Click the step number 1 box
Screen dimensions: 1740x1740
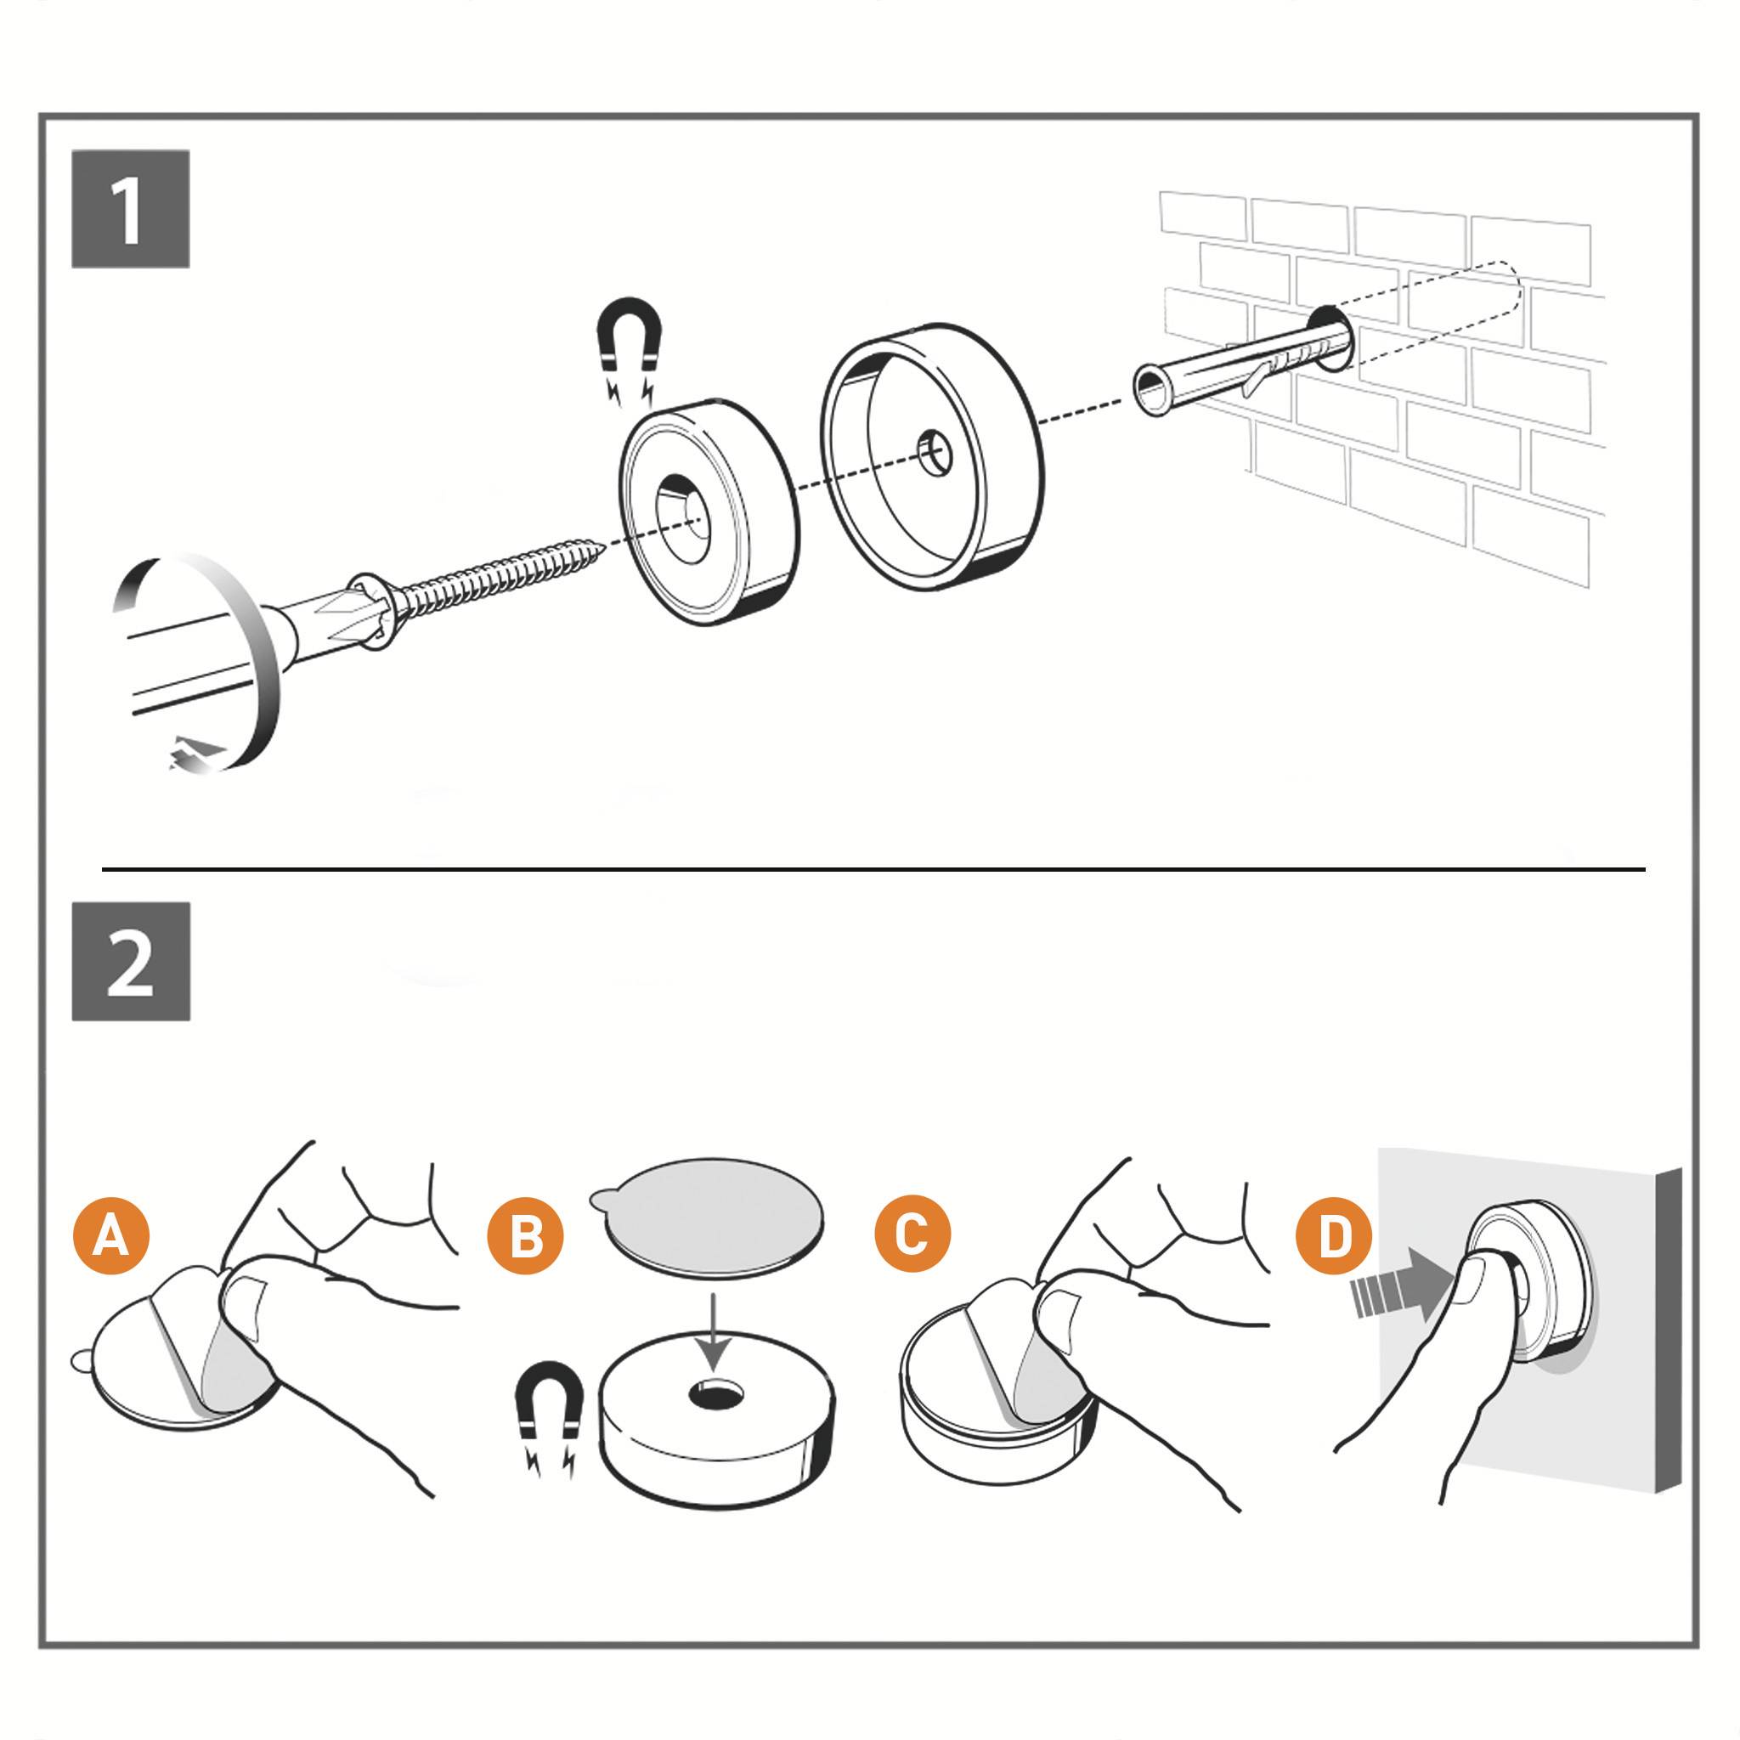(131, 209)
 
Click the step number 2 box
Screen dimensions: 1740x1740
(131, 961)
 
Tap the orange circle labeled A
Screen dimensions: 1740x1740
(110, 1234)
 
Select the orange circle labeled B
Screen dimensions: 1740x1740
(524, 1234)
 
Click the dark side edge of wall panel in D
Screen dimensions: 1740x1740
(1667, 1333)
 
